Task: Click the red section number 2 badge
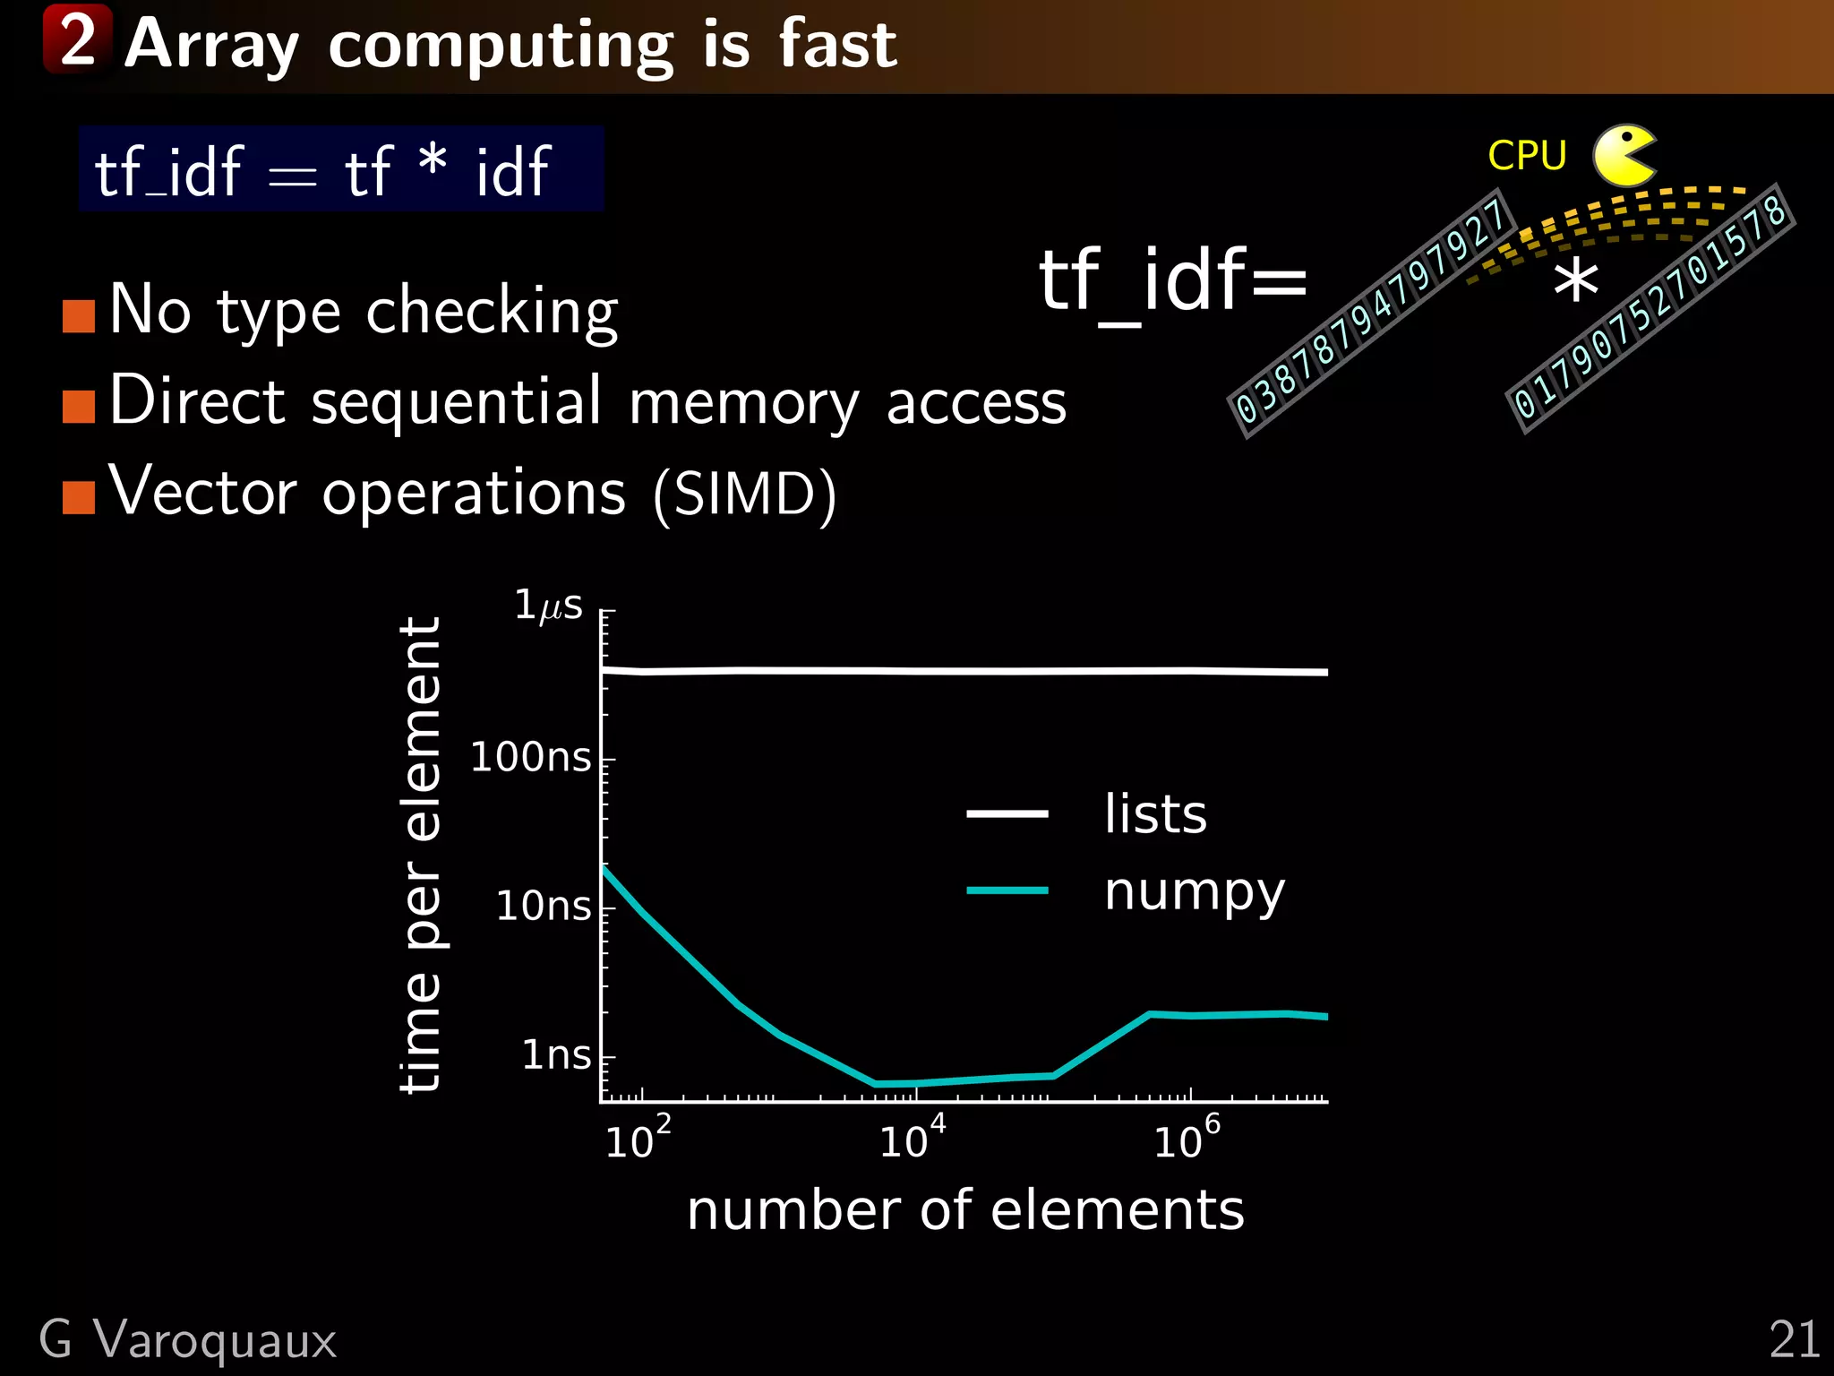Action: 78,40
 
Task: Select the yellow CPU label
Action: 1527,156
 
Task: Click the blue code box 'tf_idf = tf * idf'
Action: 340,169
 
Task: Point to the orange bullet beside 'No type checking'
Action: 79,315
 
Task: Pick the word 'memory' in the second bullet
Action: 744,403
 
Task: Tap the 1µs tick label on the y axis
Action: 548,606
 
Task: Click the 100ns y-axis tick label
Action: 531,758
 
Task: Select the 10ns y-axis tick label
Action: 544,907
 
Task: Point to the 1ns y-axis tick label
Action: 556,1055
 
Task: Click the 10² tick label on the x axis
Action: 638,1139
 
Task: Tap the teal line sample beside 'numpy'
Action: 1007,890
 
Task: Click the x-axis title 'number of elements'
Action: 965,1210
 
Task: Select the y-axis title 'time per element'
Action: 420,855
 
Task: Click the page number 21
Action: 1795,1340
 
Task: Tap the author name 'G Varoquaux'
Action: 188,1340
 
